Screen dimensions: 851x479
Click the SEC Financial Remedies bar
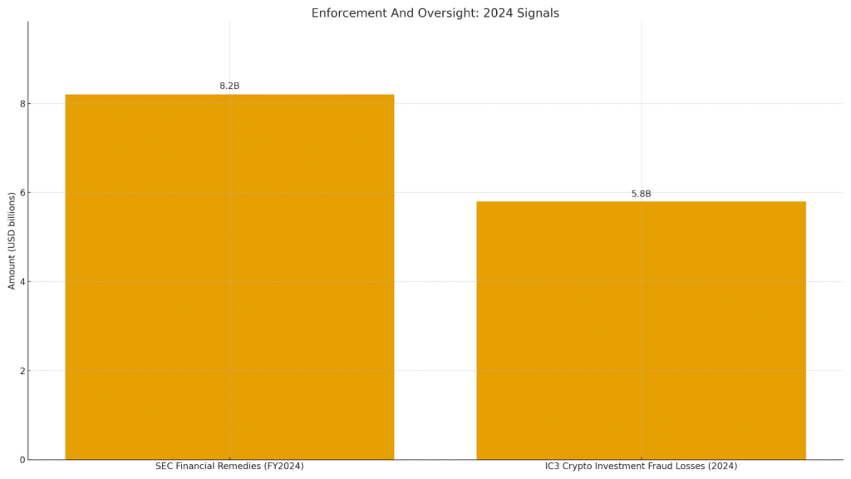click(x=229, y=277)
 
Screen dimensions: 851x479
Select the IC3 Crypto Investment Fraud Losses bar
click(x=641, y=330)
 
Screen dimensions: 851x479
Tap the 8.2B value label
click(x=229, y=86)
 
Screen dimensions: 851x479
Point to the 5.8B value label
click(x=641, y=194)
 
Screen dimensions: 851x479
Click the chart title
click(x=435, y=13)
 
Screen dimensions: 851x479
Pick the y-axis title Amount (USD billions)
click(x=12, y=241)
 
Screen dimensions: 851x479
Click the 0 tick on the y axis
click(x=22, y=460)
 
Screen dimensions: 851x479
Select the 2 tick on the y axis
click(x=22, y=371)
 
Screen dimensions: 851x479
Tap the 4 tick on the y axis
click(x=22, y=282)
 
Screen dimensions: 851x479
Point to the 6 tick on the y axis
click(x=22, y=193)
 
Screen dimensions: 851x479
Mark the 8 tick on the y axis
click(x=22, y=104)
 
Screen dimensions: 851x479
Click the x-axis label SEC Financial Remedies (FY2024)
click(x=229, y=466)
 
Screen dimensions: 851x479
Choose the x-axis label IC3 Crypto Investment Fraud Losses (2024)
click(x=641, y=466)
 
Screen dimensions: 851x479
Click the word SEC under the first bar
click(x=164, y=466)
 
